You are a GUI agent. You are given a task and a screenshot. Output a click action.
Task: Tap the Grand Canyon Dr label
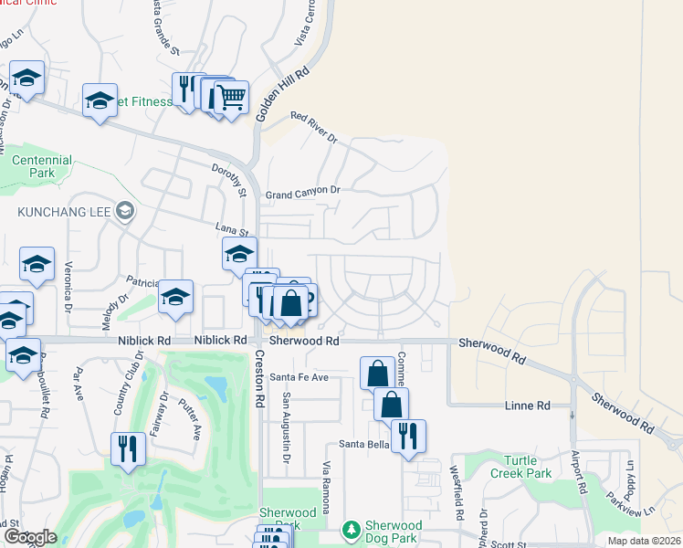302,193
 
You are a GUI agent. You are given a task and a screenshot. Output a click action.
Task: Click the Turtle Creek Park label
539,467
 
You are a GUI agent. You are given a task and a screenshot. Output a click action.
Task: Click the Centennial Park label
42,165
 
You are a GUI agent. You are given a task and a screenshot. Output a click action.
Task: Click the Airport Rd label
576,471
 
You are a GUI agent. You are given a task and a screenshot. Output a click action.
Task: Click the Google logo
30,537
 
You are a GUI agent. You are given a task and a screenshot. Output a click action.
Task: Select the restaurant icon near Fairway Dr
126,448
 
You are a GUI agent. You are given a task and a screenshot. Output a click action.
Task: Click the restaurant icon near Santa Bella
407,436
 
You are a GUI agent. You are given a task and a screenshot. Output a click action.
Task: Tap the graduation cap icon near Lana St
239,253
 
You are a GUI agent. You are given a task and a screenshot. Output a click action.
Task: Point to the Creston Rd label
260,383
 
